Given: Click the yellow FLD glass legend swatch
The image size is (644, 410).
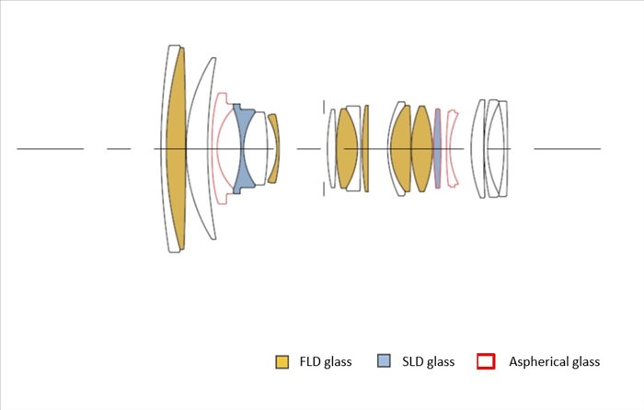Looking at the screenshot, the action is pyautogui.click(x=282, y=361).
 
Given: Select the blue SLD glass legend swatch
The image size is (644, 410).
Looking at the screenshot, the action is pyautogui.click(x=384, y=360).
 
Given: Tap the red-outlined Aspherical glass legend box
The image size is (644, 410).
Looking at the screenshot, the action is pyautogui.click(x=486, y=361).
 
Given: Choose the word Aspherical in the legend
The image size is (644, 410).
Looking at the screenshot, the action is pyautogui.click(x=534, y=362).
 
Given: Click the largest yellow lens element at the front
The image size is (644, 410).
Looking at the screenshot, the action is pyautogui.click(x=177, y=149).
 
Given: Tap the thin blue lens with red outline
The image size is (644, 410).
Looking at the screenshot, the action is pyautogui.click(x=437, y=149).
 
